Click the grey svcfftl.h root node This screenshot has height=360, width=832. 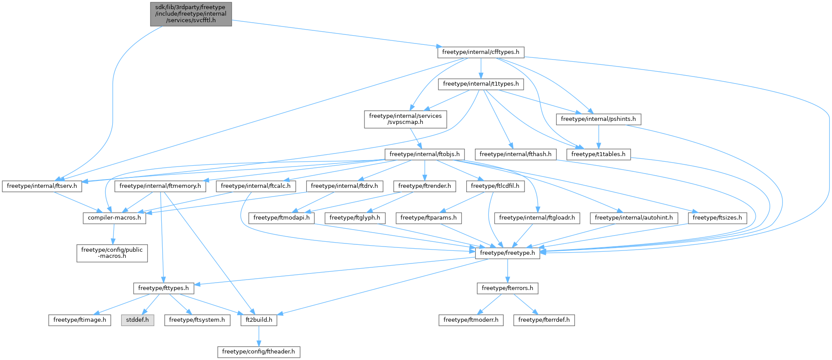click(191, 14)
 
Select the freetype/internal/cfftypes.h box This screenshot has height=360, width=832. click(481, 52)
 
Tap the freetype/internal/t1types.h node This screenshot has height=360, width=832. click(481, 84)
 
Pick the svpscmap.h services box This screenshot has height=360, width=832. click(405, 119)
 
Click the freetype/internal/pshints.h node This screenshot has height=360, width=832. click(598, 119)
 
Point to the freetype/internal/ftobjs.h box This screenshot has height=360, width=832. click(424, 154)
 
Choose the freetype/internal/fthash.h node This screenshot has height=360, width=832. click(515, 154)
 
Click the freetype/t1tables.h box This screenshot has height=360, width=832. click(598, 154)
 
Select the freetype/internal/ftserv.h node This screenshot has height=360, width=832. click(42, 186)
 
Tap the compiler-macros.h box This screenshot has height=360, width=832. click(114, 218)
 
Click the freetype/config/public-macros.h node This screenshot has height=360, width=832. click(112, 253)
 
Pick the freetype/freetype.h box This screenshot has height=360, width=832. click(507, 253)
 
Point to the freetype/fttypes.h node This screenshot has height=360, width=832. click(164, 288)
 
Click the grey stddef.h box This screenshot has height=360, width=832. click(137, 320)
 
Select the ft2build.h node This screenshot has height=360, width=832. click(259, 320)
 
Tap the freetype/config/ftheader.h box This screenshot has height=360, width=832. click(259, 352)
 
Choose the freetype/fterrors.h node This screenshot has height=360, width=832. click(507, 288)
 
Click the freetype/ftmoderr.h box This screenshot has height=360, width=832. click(471, 320)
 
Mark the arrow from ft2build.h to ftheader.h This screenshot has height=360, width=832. click(259, 336)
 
